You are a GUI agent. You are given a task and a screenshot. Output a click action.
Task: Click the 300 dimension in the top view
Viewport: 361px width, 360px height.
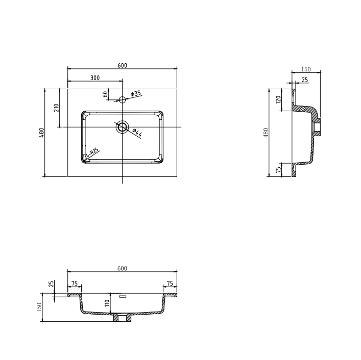(x=95, y=78)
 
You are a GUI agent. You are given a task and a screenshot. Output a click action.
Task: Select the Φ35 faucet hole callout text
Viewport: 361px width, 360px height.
(x=136, y=93)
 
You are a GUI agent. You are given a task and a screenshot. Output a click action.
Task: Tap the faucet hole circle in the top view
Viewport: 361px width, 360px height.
(x=122, y=99)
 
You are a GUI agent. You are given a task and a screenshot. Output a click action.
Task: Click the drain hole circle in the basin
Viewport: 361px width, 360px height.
(x=122, y=127)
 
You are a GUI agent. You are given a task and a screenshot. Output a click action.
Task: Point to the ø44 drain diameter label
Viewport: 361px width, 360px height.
(x=137, y=133)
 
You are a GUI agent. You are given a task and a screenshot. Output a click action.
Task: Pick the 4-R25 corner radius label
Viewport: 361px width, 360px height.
(x=92, y=152)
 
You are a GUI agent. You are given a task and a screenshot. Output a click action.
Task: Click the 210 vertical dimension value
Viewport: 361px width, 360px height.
(x=56, y=108)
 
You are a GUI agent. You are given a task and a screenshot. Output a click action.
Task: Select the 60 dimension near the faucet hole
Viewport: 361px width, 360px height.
(x=105, y=94)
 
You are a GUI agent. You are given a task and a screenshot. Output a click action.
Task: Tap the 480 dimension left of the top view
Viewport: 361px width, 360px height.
(x=42, y=133)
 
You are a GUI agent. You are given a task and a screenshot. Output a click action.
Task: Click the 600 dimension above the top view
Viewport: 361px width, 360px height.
(x=122, y=65)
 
